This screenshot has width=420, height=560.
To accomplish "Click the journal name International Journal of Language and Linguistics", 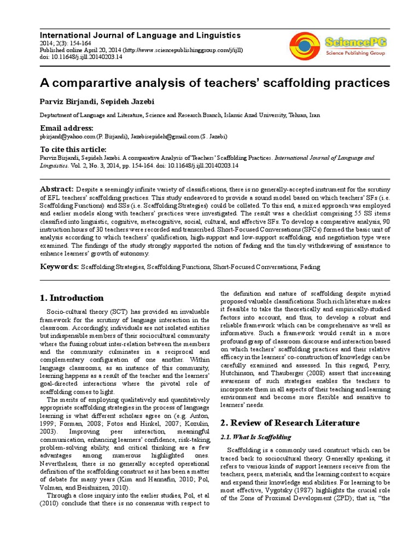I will (x=141, y=35).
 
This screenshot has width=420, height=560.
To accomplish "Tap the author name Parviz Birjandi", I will (x=67, y=101).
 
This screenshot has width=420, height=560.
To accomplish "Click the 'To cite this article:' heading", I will (x=73, y=149).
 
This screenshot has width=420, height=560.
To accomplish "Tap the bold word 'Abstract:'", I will (x=57, y=188).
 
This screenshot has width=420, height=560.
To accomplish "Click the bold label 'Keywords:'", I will (x=60, y=266).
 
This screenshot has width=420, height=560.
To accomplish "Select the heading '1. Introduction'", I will (x=72, y=298).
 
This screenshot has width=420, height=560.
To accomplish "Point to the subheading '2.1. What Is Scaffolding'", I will (x=255, y=437).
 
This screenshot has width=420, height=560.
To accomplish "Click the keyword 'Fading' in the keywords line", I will (x=310, y=267).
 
